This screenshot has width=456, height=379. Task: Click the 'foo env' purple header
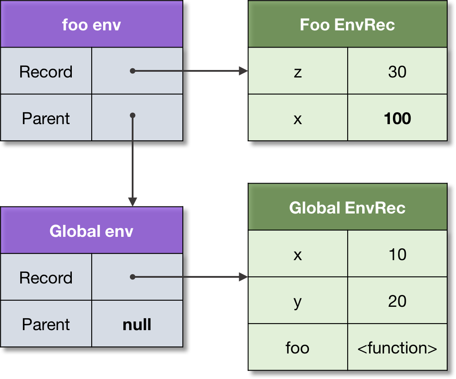click(x=91, y=25)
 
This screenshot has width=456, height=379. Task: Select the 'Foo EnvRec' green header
click(x=347, y=25)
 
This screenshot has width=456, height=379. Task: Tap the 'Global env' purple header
click(x=91, y=231)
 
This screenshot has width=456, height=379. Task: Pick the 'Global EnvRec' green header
click(x=347, y=207)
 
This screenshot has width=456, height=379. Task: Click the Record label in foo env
click(x=46, y=72)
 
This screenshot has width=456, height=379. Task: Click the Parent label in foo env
click(x=46, y=118)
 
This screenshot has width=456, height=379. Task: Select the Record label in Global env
click(x=46, y=278)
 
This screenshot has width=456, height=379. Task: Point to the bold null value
click(x=137, y=324)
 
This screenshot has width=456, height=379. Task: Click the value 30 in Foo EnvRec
click(x=397, y=72)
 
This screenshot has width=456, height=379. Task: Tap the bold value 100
click(x=397, y=118)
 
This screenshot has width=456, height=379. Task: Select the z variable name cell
click(x=298, y=72)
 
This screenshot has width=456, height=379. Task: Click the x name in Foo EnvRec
click(x=298, y=118)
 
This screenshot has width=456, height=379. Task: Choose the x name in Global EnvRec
click(x=298, y=254)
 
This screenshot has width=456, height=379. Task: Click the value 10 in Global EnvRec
click(x=397, y=254)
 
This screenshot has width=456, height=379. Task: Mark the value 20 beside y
click(x=397, y=301)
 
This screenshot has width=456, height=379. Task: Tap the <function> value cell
click(x=397, y=348)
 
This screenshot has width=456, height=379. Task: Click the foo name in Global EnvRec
click(x=298, y=348)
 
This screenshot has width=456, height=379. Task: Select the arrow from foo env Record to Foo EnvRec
click(x=189, y=71)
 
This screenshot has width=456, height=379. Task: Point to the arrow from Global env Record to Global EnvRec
click(x=189, y=277)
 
